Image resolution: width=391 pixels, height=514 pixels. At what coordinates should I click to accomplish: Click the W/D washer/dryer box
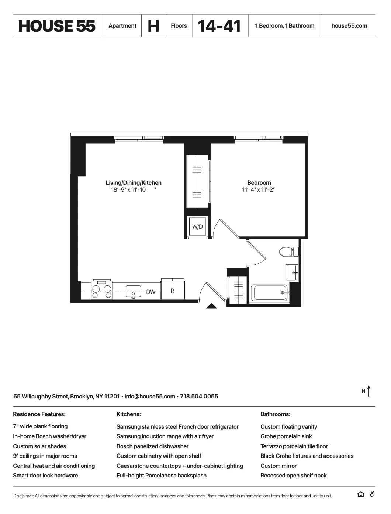point(198,226)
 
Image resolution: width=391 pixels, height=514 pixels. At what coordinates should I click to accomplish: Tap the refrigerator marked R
point(172,290)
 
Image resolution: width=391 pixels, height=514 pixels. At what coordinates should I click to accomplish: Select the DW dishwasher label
point(151,292)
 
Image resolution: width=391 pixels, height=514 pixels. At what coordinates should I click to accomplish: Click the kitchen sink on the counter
point(133,291)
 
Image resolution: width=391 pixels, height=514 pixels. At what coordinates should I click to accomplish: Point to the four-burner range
point(102,291)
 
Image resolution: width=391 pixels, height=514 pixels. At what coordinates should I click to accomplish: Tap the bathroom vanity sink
point(292,273)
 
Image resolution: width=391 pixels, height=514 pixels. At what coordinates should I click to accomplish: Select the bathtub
point(269,293)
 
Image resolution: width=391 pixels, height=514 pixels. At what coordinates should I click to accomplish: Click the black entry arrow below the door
point(211,305)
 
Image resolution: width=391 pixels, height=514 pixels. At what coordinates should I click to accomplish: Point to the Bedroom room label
point(259,182)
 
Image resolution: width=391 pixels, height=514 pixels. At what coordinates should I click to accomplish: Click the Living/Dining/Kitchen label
point(134,182)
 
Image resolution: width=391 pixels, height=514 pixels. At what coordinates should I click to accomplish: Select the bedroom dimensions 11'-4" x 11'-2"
point(259,190)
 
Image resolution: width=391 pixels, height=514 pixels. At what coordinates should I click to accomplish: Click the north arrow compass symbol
point(368,391)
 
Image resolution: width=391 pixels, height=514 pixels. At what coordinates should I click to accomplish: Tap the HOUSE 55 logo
point(57,26)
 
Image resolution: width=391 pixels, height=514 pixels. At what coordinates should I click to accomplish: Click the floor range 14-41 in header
point(219,26)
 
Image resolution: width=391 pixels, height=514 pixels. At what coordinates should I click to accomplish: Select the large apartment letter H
point(153,26)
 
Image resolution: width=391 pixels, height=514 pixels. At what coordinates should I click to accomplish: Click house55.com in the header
point(349,26)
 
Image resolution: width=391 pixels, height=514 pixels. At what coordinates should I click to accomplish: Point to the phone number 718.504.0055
point(199,396)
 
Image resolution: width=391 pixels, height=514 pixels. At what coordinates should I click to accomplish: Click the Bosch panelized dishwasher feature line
point(152,446)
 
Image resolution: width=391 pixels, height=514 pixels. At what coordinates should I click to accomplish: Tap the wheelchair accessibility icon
point(372,494)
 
